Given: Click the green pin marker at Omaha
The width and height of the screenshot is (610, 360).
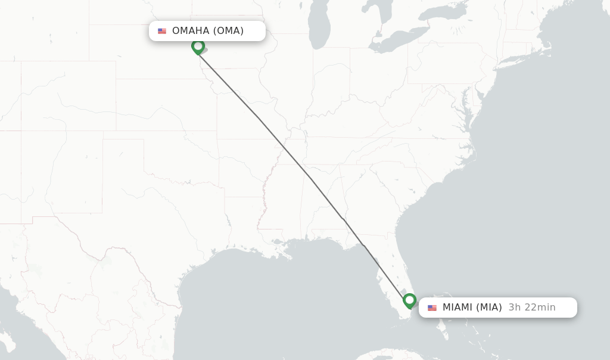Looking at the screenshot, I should pos(198,46).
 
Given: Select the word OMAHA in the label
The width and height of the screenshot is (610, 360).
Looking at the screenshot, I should pos(191,31).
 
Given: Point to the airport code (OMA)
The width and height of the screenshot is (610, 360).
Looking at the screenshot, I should pos(228,31).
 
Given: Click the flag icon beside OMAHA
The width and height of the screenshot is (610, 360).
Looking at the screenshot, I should pos(162,31).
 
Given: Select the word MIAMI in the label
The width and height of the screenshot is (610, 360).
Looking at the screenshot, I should pos(457,308).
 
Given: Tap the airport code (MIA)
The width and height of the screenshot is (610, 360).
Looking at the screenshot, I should pos(489,308).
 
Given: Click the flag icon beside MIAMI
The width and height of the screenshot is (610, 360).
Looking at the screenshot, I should pos(432,308).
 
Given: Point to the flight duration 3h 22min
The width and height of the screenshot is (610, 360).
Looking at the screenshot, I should pos(532,308).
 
